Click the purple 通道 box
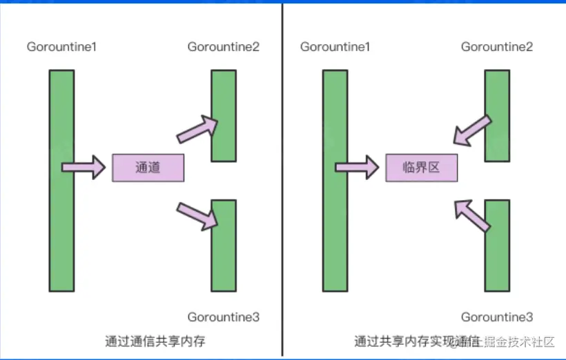pyautogui.click(x=148, y=167)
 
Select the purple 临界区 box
pyautogui.click(x=421, y=167)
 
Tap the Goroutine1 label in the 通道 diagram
pyautogui.click(x=61, y=47)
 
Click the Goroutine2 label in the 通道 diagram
pyautogui.click(x=224, y=47)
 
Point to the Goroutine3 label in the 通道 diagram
pyautogui.click(x=224, y=317)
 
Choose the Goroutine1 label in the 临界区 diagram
pyautogui.click(x=335, y=47)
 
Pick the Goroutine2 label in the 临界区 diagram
pyautogui.click(x=497, y=47)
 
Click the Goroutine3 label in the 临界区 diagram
pyautogui.click(x=497, y=317)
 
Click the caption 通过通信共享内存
pyautogui.click(x=155, y=341)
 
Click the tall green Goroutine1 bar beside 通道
pyautogui.click(x=61, y=179)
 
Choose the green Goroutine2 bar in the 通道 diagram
pyautogui.click(x=224, y=115)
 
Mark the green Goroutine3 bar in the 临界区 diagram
pyautogui.click(x=497, y=244)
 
